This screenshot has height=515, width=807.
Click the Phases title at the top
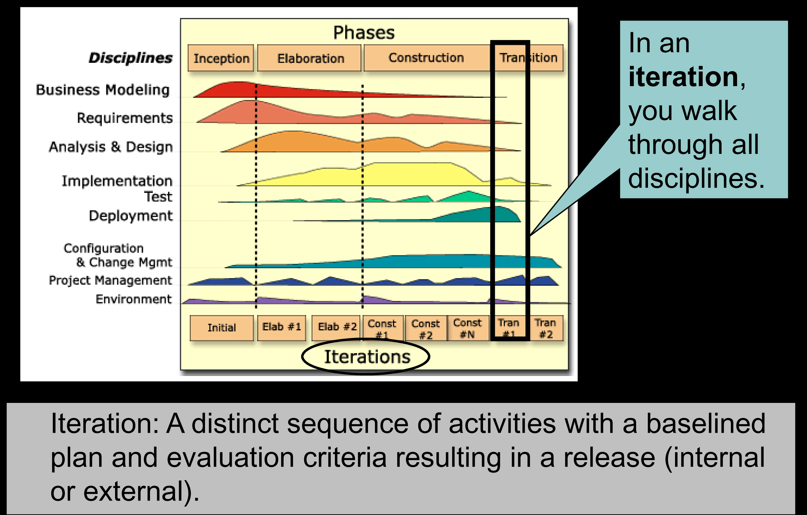(364, 33)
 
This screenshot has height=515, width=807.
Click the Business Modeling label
(103, 90)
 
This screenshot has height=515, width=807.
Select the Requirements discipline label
(125, 118)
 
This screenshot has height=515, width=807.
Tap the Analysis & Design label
(111, 147)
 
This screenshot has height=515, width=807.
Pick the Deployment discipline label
(131, 216)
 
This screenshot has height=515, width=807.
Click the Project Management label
(110, 280)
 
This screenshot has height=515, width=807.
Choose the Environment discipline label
(133, 299)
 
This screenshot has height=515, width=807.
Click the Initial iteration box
(222, 328)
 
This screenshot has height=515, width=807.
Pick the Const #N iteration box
(468, 328)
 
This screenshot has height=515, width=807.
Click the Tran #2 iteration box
(546, 328)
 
